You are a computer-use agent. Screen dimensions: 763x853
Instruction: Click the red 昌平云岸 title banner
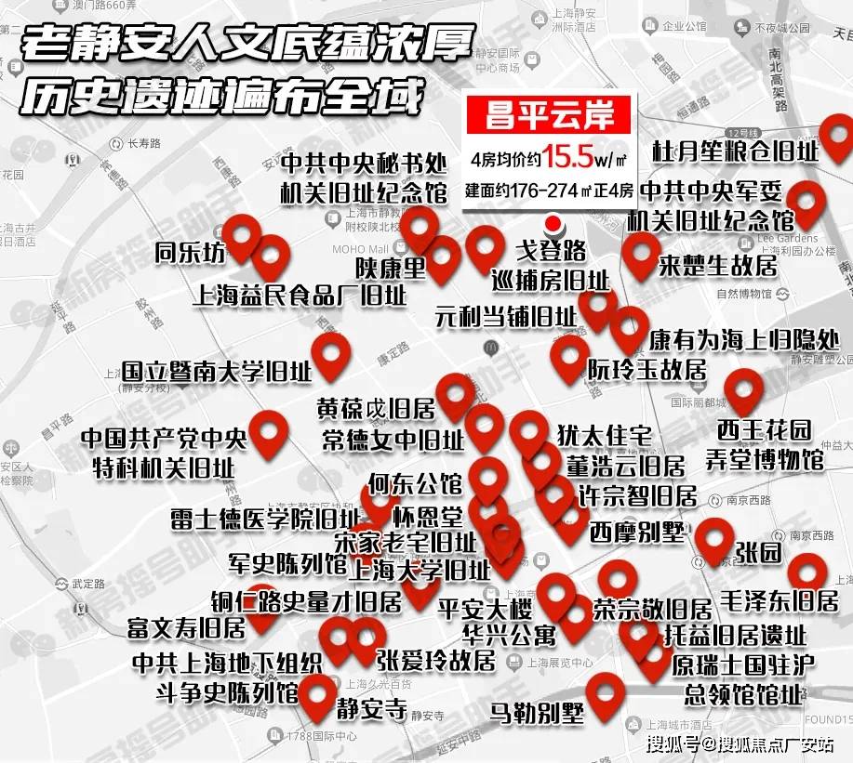coord(553,117)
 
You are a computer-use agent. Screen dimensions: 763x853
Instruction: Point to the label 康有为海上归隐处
coord(743,339)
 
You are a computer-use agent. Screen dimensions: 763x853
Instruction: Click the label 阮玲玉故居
coord(646,369)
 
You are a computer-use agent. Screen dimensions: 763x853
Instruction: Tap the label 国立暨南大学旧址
coord(216,372)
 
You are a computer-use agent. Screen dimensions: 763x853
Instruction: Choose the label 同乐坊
coord(190,253)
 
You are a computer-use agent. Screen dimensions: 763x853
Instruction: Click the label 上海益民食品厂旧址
coord(299,296)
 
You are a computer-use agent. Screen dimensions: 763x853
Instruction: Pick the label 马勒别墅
coord(538,713)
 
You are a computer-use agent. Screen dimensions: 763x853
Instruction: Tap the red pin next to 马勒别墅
coord(606,691)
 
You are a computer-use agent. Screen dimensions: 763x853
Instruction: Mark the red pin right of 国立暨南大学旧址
coord(330,355)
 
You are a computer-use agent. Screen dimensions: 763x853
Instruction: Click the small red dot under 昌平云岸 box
coord(553,224)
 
